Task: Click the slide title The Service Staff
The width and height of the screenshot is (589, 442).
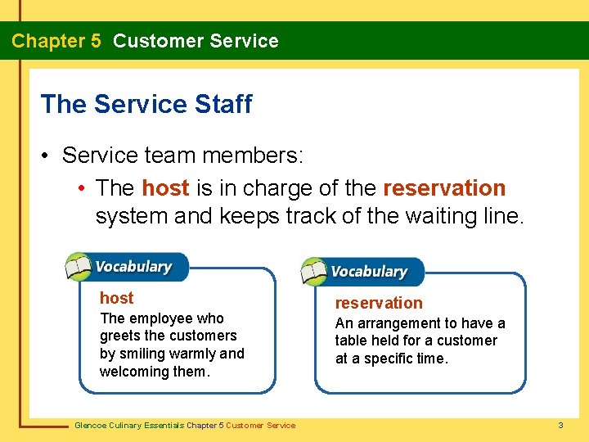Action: pos(146,105)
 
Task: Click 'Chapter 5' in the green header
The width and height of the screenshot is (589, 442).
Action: pos(56,41)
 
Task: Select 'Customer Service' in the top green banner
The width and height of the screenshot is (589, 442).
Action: pos(196,41)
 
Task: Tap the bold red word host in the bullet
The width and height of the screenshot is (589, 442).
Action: pos(165,188)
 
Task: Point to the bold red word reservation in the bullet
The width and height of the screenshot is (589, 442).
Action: pos(444,188)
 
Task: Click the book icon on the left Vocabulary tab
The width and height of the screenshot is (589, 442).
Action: pos(79,267)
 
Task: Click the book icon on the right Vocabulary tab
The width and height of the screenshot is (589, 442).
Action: pos(314,272)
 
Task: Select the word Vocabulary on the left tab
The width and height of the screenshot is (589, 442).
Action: pos(133,267)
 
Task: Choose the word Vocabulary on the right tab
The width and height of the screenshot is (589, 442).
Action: pos(369,272)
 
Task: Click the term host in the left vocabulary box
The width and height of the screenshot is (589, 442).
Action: pos(116,298)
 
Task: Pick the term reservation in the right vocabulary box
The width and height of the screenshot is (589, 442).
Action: pos(379,303)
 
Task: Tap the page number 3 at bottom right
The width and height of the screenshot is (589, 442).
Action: pos(560,425)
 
